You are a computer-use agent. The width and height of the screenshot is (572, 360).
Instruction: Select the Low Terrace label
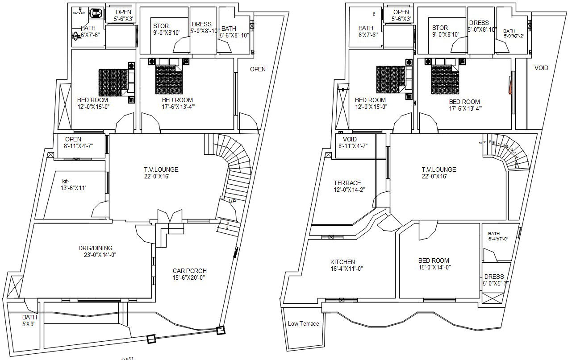pos(303,323)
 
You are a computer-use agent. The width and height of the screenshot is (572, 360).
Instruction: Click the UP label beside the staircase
pos(232,201)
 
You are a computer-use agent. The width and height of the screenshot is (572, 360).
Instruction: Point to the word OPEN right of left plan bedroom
pos(257,69)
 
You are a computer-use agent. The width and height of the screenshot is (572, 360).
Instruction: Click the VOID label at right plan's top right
pos(541,68)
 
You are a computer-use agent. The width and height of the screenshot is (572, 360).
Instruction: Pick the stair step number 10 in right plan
pos(515,157)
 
